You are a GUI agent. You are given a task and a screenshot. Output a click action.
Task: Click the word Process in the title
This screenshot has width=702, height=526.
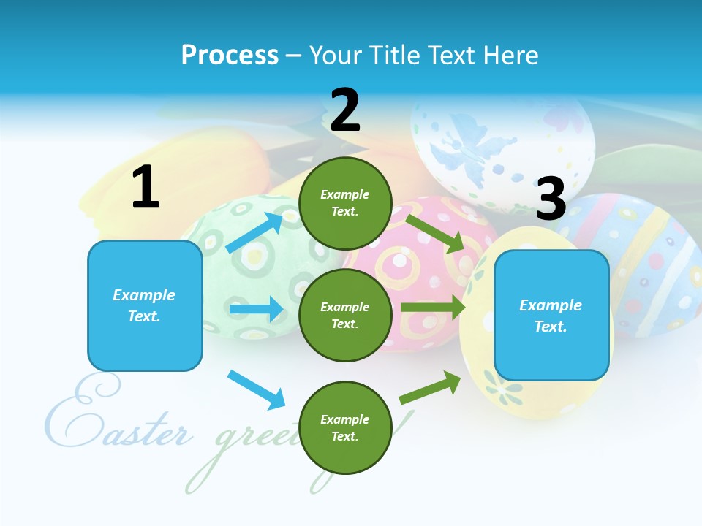pyautogui.click(x=230, y=56)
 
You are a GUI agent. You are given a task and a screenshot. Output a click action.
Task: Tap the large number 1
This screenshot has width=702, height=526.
pyautogui.click(x=146, y=188)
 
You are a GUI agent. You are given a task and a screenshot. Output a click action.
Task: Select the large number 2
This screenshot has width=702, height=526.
pyautogui.click(x=345, y=110)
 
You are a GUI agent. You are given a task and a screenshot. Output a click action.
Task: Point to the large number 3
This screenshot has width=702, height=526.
pyautogui.click(x=551, y=199)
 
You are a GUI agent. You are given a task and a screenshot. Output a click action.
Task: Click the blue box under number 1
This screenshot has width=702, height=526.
pyautogui.click(x=145, y=305)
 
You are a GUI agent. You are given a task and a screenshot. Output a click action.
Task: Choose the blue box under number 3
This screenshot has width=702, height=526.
pyautogui.click(x=551, y=316)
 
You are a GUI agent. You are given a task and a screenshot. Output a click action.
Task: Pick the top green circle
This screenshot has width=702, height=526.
pyautogui.click(x=345, y=203)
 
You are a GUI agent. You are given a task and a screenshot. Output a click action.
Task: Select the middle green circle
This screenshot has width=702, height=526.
pyautogui.click(x=345, y=315)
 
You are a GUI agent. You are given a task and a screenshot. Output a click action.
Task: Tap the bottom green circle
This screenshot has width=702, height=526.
pyautogui.click(x=345, y=428)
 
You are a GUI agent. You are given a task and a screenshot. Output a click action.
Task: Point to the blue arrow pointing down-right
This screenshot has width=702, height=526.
pyautogui.click(x=256, y=389)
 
